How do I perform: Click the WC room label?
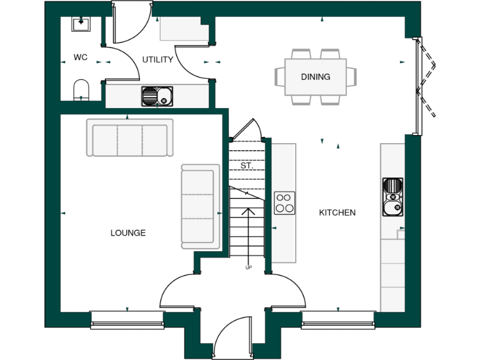tap(80, 57)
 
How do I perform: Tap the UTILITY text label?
tap(157, 60)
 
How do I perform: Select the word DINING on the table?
tap(316, 77)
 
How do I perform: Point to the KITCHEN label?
tap(337, 212)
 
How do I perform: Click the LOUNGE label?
tap(128, 233)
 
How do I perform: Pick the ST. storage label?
tap(246, 166)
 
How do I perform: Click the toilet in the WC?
tap(82, 89)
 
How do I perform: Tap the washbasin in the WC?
tap(81, 24)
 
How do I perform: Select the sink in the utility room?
tap(157, 96)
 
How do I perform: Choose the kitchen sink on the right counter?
tap(392, 197)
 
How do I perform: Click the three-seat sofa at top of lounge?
tap(130, 137)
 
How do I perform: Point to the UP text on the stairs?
tap(248, 267)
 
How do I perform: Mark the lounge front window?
tap(127, 320)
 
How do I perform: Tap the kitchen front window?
tap(337, 320)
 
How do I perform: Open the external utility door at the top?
tap(132, 22)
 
